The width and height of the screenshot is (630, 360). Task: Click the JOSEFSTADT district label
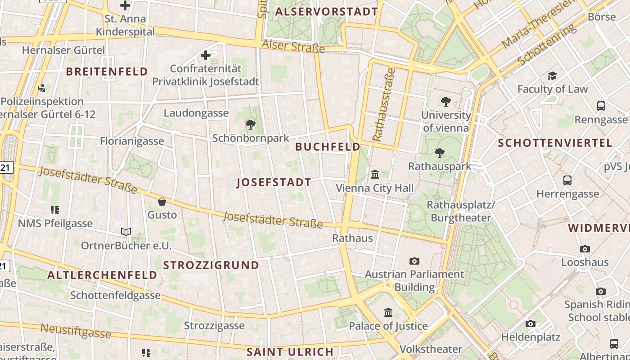coord(274,182)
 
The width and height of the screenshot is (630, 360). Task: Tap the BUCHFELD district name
coord(328,147)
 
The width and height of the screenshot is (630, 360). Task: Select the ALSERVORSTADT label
coord(326,12)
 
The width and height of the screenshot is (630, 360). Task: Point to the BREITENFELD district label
coord(107,71)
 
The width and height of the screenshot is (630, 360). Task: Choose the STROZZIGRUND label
coord(211,265)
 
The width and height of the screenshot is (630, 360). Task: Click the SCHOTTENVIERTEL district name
coord(555,143)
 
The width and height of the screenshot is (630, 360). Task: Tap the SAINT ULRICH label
coord(290,351)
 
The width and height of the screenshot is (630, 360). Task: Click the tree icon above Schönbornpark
coord(251,125)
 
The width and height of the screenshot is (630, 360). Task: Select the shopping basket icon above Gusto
coord(162,202)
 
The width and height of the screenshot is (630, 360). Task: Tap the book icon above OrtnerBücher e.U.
coord(126,232)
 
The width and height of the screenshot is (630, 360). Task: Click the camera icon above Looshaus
coord(585,249)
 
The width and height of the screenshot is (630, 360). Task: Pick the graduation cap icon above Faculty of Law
coord(552,76)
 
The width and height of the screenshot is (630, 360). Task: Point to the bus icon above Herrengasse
coord(567,180)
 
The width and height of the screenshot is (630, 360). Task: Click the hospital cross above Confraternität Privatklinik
coord(206,55)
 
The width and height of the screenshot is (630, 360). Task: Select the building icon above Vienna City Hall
coord(374,174)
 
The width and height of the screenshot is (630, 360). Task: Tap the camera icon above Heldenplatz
coord(531,324)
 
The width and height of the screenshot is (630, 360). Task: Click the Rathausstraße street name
coord(384,104)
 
